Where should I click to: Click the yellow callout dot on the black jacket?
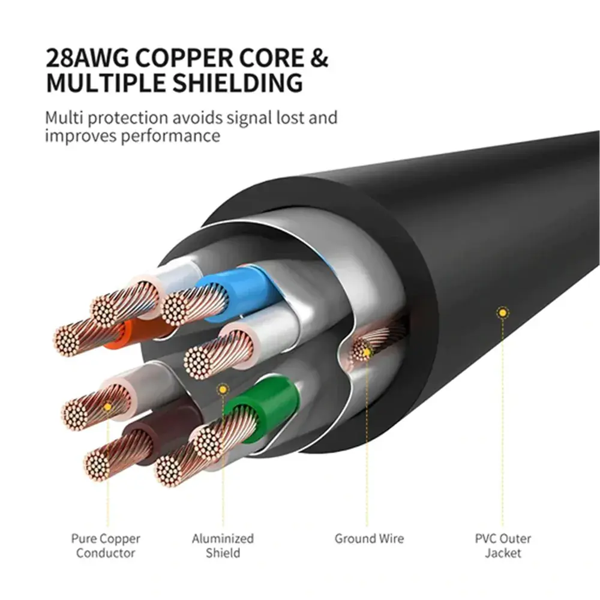point(502,313)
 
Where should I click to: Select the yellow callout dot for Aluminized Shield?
point(223,389)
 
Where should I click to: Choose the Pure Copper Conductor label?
point(105,545)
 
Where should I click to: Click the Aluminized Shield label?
point(223,545)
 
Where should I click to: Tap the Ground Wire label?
point(369,539)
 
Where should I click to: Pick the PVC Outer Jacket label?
point(503,545)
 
